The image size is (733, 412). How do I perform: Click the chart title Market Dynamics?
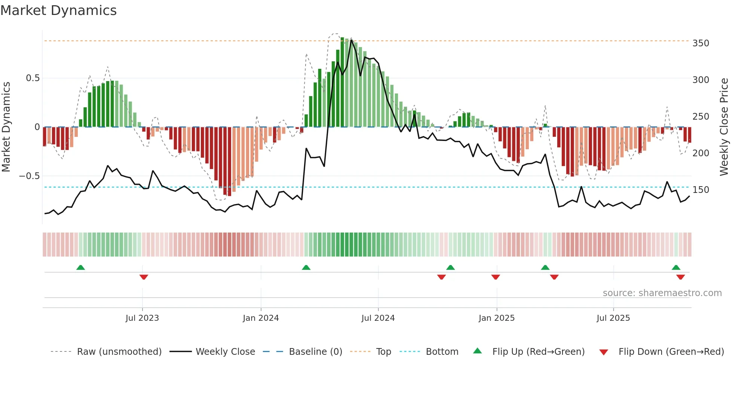[x=59, y=10]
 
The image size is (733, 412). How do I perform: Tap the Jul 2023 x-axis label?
[x=142, y=318]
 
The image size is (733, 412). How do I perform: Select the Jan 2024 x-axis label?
[x=261, y=318]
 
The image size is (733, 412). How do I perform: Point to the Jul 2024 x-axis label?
[x=378, y=318]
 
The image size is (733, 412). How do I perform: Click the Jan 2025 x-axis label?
[x=497, y=318]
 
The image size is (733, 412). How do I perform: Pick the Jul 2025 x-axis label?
[x=613, y=318]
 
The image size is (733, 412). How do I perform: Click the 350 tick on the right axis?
[x=701, y=43]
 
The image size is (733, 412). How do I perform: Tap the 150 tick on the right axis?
[x=701, y=190]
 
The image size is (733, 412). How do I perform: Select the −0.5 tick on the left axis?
[x=29, y=176]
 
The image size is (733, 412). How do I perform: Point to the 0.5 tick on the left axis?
[x=33, y=78]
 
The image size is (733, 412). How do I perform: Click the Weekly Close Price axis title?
[x=724, y=127]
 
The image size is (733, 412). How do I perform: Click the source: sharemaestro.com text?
[x=662, y=293]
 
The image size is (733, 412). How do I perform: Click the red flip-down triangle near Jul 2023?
[x=144, y=277]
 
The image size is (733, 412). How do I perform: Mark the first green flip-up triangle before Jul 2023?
[x=80, y=267]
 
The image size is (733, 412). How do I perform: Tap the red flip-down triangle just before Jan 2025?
[x=496, y=277]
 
